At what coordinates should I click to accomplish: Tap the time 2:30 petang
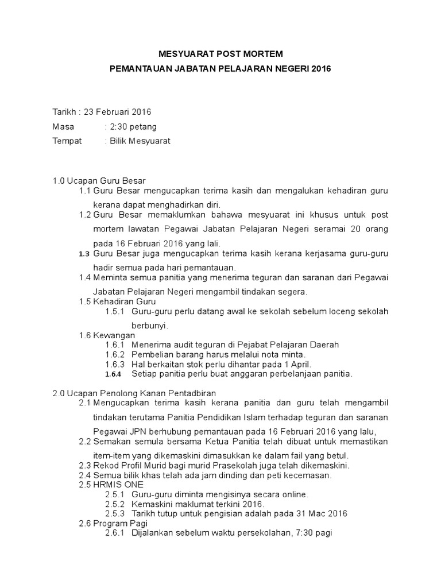point(134,126)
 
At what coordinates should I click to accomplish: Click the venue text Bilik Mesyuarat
point(141,141)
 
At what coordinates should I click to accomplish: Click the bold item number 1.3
point(84,253)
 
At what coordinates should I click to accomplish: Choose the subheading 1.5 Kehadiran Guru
point(117,301)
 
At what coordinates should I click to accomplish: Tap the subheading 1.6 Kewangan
point(107,335)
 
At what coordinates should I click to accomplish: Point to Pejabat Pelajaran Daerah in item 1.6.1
point(291,345)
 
